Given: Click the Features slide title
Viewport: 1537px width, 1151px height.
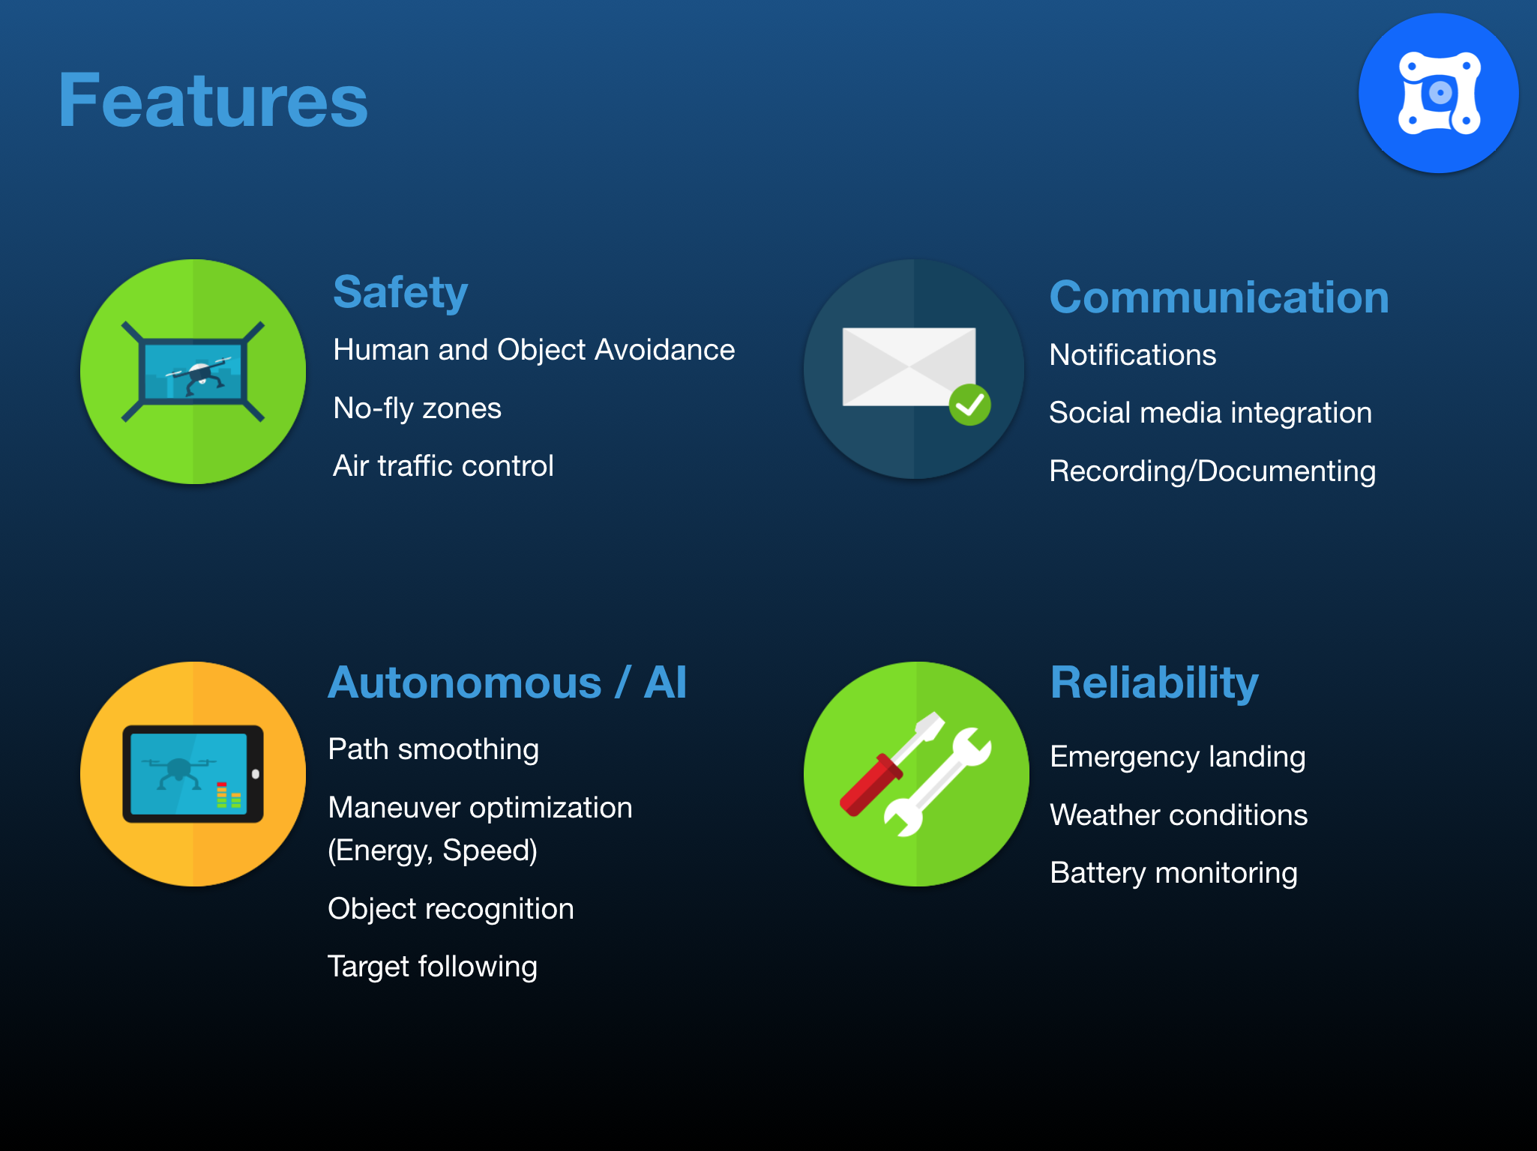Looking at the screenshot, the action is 213,100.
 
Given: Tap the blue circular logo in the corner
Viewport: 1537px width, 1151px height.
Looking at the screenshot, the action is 1439,94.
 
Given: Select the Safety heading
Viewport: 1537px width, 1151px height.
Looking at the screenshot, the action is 400,292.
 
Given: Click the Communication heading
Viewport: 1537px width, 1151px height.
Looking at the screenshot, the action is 1219,297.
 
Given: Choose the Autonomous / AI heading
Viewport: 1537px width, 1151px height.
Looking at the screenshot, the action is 508,683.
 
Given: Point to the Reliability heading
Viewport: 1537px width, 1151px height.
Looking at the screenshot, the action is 1155,683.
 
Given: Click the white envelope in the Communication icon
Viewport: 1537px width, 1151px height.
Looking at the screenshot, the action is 909,366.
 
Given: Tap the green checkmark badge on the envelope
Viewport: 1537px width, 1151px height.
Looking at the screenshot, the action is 969,405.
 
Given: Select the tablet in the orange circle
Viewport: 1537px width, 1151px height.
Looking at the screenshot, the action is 193,774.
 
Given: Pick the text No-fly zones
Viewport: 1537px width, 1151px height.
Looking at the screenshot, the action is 417,408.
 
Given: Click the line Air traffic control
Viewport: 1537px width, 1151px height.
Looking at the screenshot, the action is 443,466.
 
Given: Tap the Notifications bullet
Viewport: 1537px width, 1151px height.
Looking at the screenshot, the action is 1132,355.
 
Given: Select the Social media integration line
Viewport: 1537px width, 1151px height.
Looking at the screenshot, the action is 1210,413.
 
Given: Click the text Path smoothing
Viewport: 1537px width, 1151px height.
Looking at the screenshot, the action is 433,749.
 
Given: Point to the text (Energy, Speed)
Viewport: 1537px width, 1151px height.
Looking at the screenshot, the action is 433,851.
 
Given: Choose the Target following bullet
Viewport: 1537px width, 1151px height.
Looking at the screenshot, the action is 433,967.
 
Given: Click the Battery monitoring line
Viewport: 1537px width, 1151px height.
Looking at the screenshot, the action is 1173,873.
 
